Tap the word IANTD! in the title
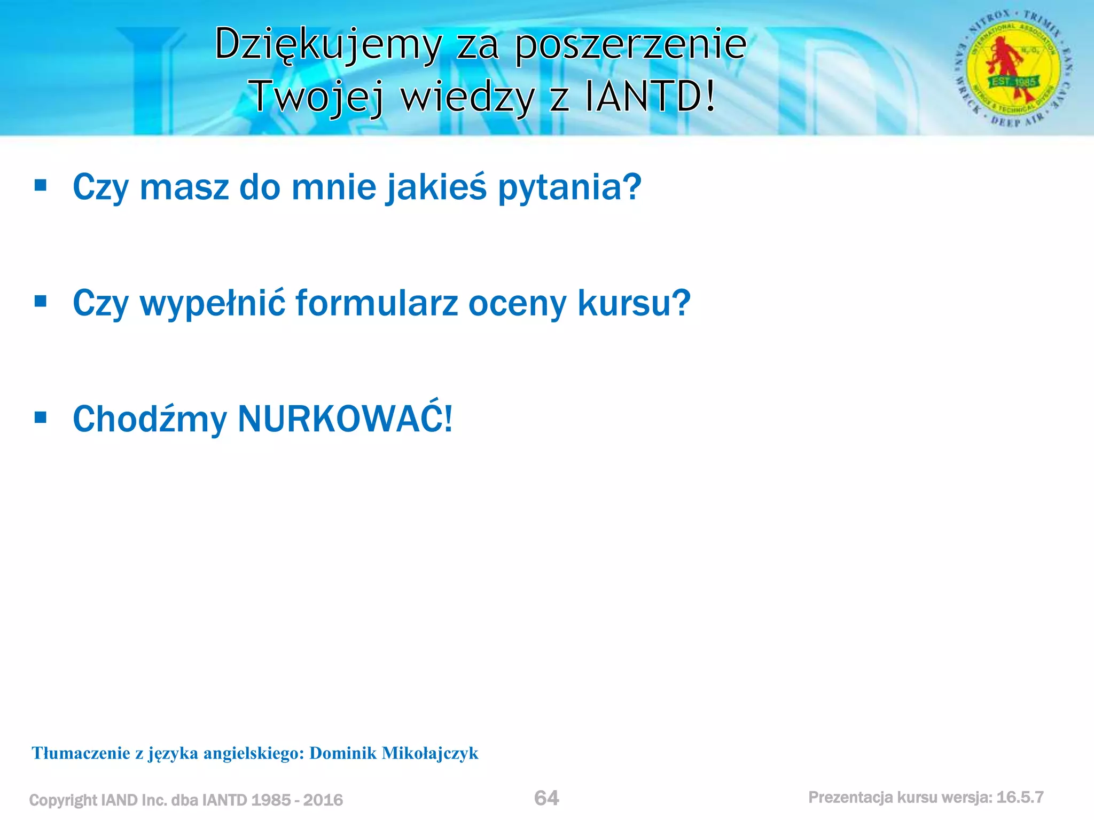coord(650,97)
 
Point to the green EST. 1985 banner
coord(1013,82)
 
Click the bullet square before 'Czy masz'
coord(41,186)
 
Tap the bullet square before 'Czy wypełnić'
coord(41,302)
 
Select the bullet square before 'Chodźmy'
coord(41,417)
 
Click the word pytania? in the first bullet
coord(569,187)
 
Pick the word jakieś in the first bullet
coord(436,187)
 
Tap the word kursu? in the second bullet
coord(634,303)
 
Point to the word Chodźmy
coord(150,419)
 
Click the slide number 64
coord(546,798)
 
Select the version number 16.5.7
coord(1020,798)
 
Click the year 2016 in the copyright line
coord(323,800)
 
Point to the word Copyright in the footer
coord(63,800)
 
